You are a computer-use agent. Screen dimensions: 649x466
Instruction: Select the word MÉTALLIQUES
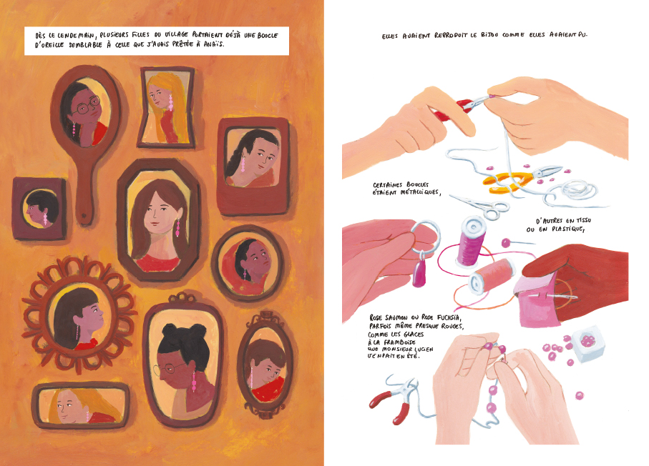(x=419, y=193)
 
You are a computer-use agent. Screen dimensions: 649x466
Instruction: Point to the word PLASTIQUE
(x=567, y=229)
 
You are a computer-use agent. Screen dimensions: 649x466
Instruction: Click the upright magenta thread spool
(x=471, y=242)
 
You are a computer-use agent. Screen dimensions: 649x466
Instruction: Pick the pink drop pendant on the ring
(x=420, y=273)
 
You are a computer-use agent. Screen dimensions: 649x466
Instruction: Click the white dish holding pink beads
(x=587, y=343)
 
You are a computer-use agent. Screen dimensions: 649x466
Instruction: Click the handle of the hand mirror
(x=85, y=186)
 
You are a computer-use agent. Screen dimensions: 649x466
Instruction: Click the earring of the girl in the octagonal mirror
(x=177, y=227)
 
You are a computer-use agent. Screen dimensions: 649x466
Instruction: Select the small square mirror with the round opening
(x=39, y=209)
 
